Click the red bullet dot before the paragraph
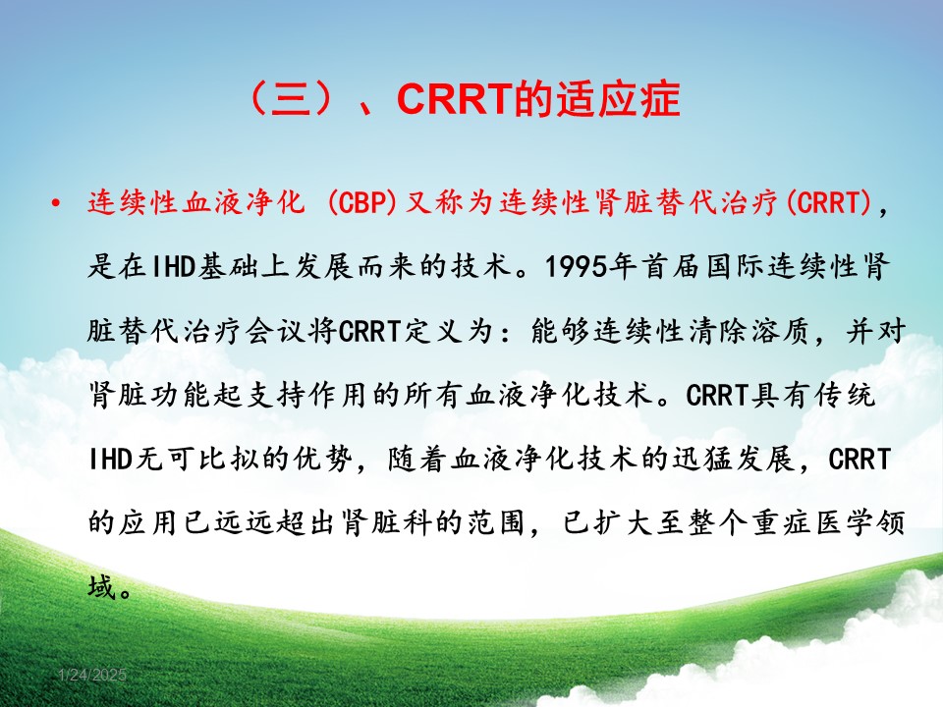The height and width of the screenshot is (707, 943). click(56, 203)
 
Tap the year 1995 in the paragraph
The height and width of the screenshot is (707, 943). click(576, 266)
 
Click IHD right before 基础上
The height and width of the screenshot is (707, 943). click(171, 266)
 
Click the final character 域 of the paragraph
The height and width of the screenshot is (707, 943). click(102, 586)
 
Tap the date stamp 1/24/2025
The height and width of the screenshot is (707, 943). click(92, 676)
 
